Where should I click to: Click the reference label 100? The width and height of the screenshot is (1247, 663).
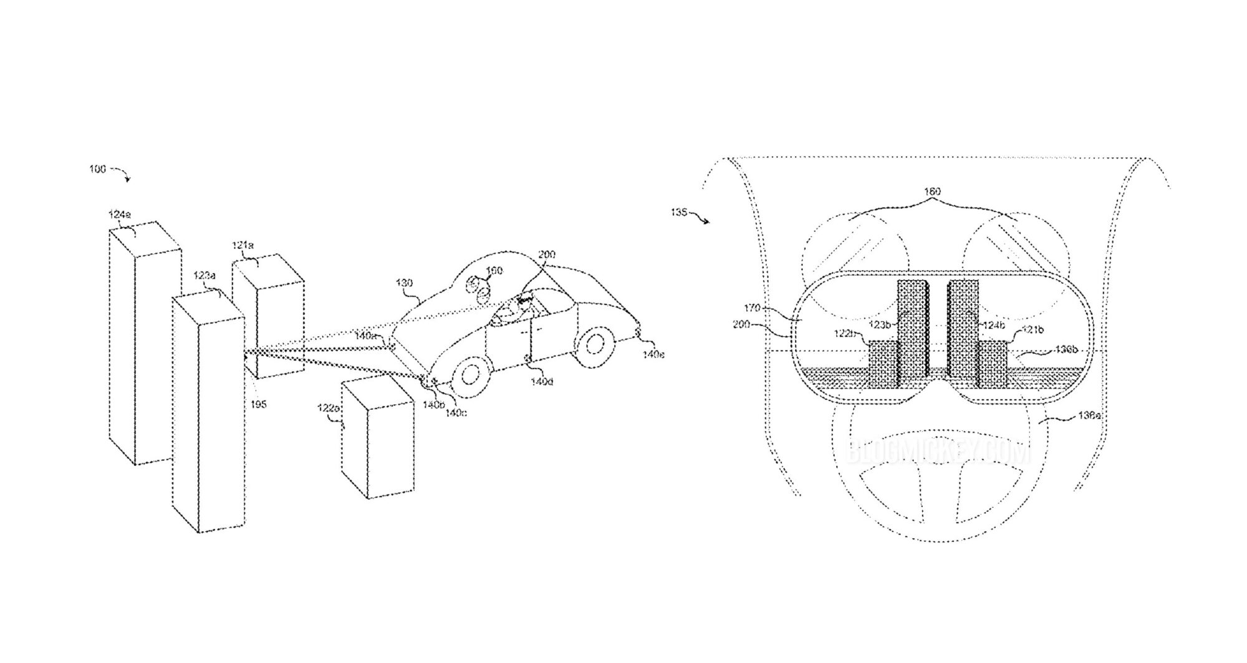point(97,169)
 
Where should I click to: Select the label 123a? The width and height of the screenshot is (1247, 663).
point(205,275)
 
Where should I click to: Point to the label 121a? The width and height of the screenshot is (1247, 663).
point(243,246)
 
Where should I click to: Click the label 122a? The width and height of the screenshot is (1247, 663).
point(328,408)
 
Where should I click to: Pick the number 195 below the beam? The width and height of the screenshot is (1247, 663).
point(258,405)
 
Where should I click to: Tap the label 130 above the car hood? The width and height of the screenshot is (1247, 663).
point(404,283)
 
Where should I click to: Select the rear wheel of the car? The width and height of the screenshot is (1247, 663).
point(595,344)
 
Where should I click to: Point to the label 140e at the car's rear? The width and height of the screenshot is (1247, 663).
point(653,354)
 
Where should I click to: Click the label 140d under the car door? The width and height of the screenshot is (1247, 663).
point(541,381)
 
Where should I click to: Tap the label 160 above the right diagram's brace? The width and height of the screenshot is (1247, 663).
point(932,191)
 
